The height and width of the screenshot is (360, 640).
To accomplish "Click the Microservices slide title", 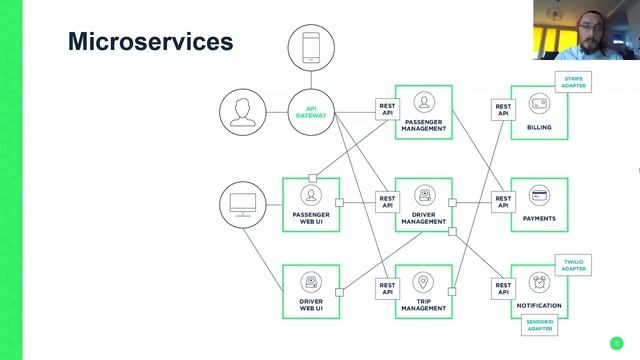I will click(x=150, y=42).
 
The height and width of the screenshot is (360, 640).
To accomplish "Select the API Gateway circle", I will click(x=311, y=112).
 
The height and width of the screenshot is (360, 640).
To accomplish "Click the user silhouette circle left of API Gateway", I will click(x=243, y=112).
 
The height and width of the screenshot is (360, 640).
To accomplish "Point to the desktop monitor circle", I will click(x=243, y=204).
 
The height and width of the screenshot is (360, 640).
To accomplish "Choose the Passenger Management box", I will click(x=423, y=112).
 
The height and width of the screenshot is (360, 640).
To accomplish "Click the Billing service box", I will click(x=539, y=112).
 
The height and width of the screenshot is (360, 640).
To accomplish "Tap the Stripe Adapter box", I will click(x=573, y=81).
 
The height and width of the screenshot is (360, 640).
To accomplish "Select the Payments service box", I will click(x=539, y=204).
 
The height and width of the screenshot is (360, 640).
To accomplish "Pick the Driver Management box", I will click(x=423, y=204).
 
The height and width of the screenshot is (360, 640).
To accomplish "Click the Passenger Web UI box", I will click(x=311, y=204).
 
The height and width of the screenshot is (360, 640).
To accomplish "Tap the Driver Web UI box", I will click(x=311, y=291).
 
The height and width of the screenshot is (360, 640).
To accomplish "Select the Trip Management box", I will click(x=423, y=291).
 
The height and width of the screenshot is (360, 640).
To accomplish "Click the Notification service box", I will click(x=539, y=291).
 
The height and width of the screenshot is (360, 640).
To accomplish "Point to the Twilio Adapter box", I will click(x=573, y=265).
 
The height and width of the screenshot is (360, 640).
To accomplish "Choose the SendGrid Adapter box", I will click(x=539, y=325).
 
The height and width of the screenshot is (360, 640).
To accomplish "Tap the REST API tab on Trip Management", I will click(x=387, y=289).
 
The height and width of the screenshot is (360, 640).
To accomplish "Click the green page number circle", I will click(x=616, y=342).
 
